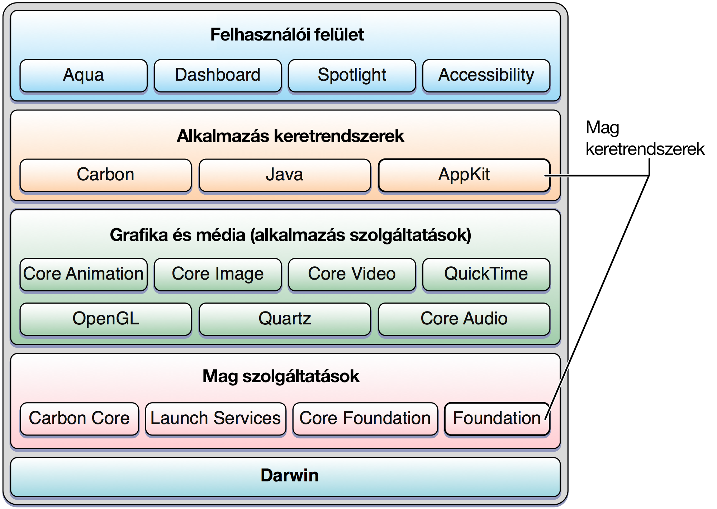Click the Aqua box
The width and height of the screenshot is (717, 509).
point(84,76)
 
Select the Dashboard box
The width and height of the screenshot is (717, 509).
point(218,76)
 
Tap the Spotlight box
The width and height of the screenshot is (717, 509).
point(352,76)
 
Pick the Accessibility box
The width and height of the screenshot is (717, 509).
point(486,76)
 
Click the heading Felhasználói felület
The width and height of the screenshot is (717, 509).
point(287,35)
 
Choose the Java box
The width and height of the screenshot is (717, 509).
point(285,175)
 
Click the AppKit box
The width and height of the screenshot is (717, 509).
point(464,175)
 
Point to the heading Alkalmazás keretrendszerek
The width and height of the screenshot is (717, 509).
point(290,136)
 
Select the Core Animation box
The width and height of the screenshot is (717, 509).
point(84,275)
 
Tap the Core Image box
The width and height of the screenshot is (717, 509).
point(218,275)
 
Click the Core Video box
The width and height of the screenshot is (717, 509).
point(352,275)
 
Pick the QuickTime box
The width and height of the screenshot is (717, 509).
point(486,275)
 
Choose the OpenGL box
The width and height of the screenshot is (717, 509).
point(105,319)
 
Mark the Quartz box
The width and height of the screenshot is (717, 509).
point(285,319)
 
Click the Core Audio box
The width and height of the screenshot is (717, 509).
point(464,319)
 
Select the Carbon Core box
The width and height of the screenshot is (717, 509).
point(79,419)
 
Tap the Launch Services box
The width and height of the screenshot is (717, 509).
point(215,419)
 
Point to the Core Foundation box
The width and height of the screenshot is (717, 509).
point(365,419)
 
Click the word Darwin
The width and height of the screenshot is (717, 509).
point(290,475)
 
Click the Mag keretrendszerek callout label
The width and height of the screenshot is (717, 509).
point(645,138)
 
